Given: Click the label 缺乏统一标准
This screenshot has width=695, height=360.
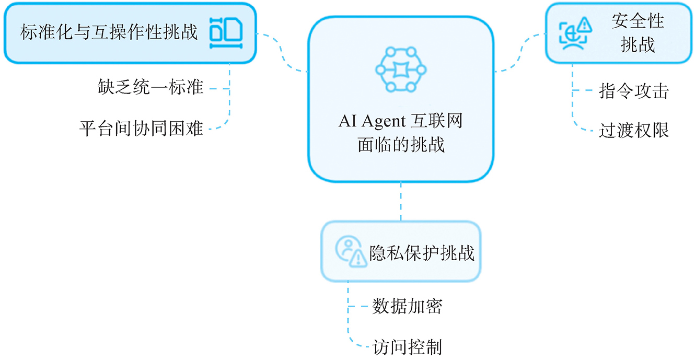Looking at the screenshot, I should tap(150, 87).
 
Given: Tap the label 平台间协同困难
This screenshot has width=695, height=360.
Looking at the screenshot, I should tap(141, 127).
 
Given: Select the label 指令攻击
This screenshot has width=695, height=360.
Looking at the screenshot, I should tap(633, 91).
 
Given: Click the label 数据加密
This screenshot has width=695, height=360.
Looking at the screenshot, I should tap(407, 306).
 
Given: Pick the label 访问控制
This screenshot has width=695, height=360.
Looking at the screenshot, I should tap(407, 346).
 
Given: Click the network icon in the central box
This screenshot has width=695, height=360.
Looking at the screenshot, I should tap(401, 70).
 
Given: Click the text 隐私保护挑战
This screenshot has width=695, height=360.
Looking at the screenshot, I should tap(421, 253).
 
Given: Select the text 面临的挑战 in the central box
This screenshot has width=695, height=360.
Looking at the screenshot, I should tap(401, 144).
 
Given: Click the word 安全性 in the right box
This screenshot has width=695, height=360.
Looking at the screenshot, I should tap(638, 21).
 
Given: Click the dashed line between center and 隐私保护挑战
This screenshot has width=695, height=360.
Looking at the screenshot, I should tap(401, 202).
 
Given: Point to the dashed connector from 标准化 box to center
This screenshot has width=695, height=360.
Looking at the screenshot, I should tap(282, 52).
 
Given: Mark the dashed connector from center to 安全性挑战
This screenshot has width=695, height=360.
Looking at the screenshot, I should tap(520, 52).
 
